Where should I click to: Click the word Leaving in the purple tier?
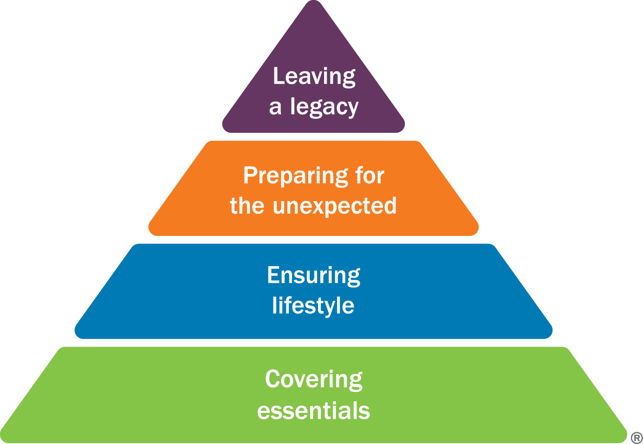point(314,77)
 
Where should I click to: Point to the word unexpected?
point(335,206)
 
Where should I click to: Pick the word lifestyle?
point(313,306)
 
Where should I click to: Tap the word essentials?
point(314,411)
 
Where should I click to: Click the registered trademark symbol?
point(637,437)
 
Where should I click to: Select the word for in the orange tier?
point(370,176)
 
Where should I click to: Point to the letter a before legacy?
point(275,107)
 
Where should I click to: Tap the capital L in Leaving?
point(278,76)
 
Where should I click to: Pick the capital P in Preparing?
point(250,176)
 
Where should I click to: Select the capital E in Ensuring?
point(273,275)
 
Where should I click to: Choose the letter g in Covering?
point(356,382)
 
